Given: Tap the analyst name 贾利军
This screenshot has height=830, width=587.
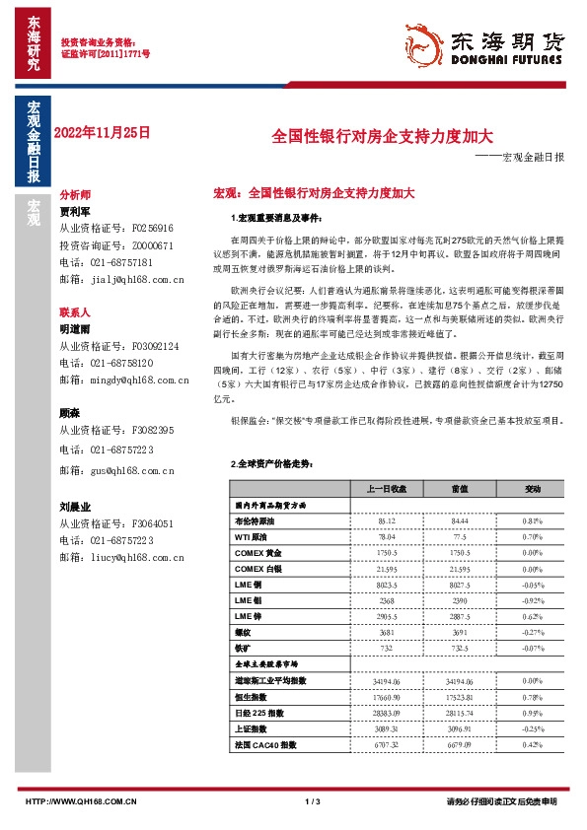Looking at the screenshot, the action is [75, 211].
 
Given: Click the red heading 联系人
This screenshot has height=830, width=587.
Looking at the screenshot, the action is [75, 311].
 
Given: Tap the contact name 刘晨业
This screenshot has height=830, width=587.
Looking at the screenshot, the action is [75, 506].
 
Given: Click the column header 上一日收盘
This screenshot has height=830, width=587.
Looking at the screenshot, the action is [387, 488].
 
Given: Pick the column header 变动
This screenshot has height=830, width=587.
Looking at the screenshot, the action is [532, 488].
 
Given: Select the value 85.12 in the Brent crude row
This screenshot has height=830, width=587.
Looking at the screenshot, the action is [387, 519].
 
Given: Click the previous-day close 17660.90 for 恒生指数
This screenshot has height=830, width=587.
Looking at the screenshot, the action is [387, 696].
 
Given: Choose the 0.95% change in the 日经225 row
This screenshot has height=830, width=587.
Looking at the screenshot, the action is [532, 712].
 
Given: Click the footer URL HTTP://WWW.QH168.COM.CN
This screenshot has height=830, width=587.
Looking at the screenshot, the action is [79, 802].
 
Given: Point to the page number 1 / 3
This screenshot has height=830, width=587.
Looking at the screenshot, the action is [314, 802].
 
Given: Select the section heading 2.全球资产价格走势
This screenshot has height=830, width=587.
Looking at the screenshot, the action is [269, 463].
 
